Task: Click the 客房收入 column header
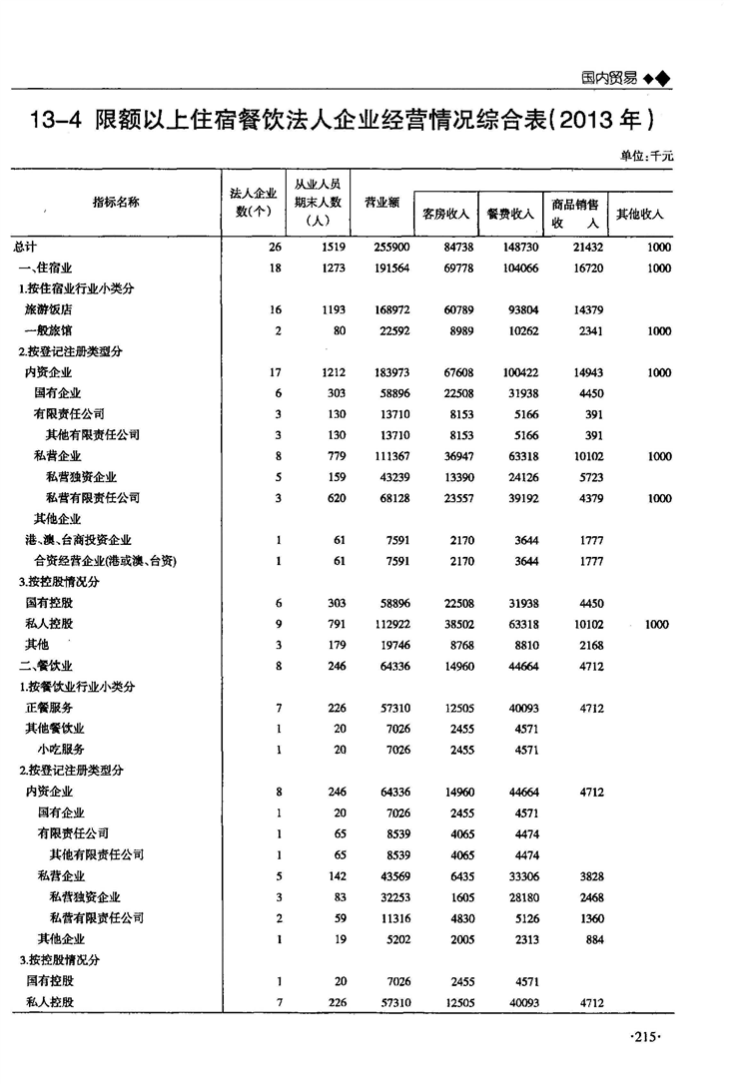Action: click(446, 214)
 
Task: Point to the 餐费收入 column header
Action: click(509, 214)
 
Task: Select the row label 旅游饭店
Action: click(48, 309)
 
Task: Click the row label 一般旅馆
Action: click(48, 330)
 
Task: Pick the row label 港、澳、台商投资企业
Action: click(79, 540)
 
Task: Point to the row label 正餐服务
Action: click(48, 708)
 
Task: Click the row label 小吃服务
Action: click(61, 749)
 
